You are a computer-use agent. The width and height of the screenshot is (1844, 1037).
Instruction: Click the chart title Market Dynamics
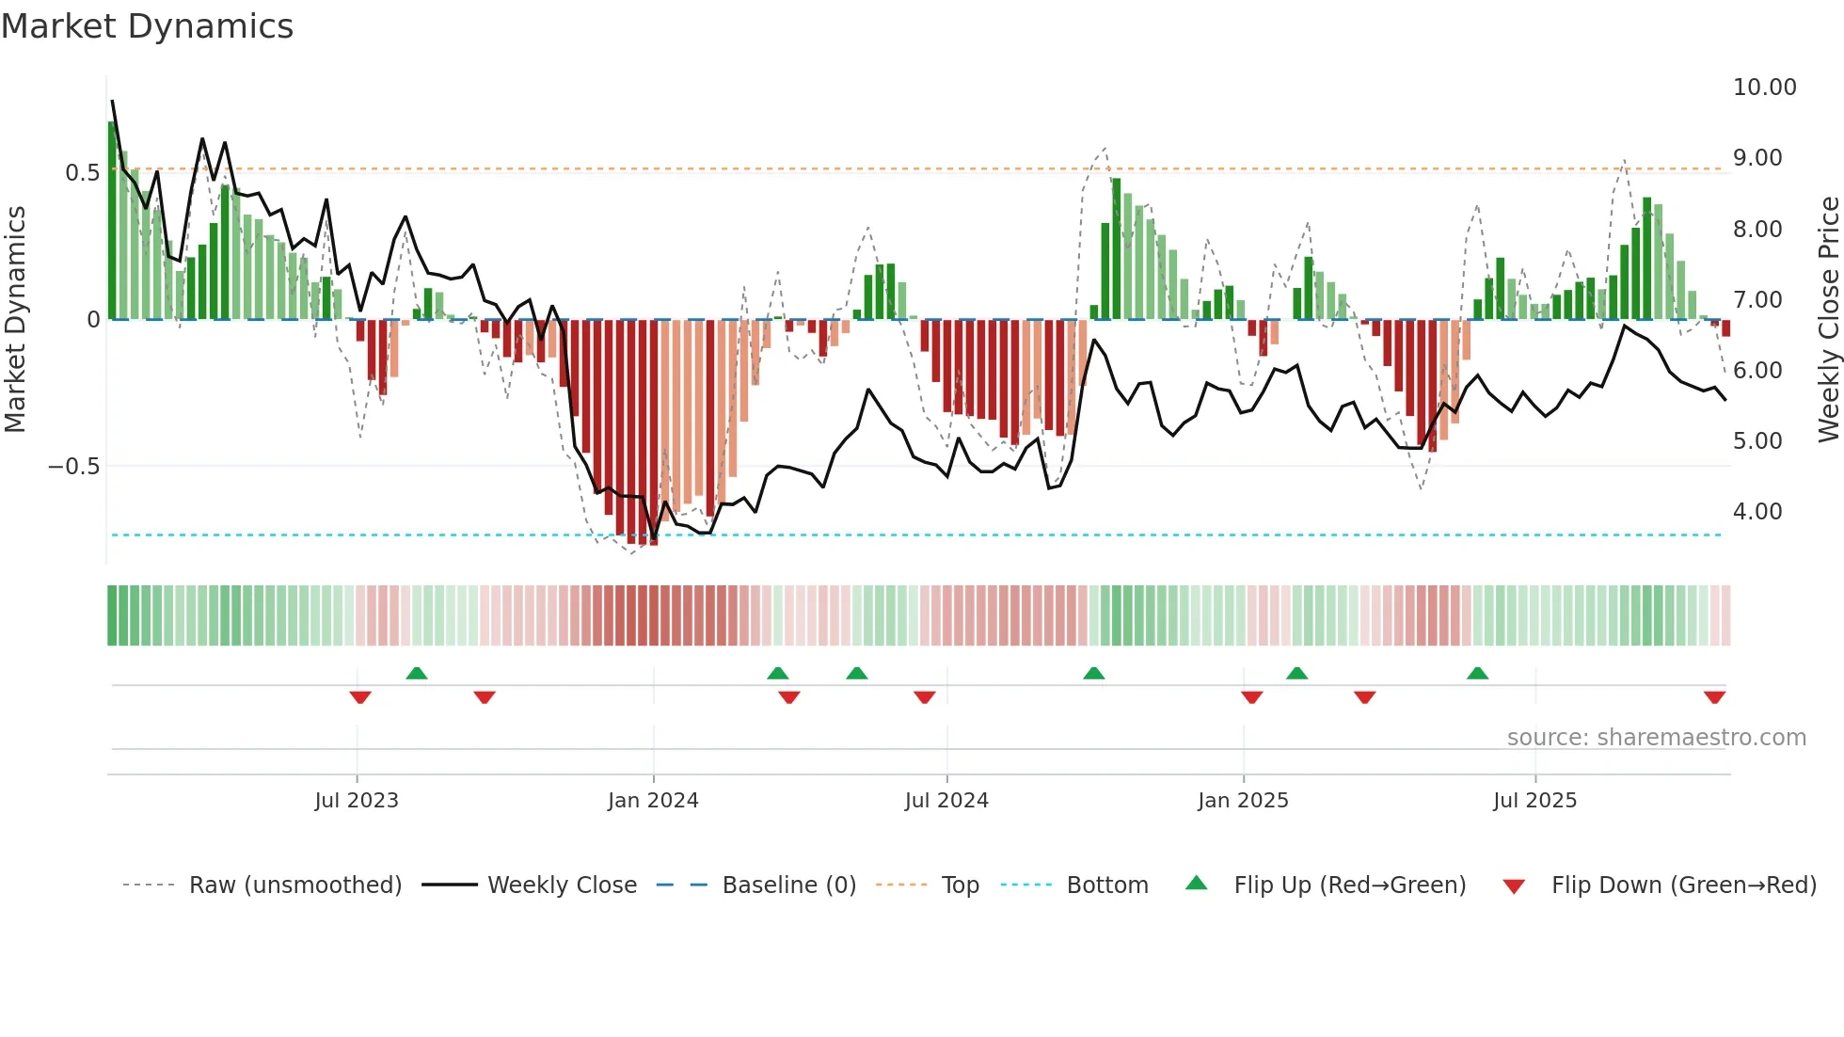(x=147, y=26)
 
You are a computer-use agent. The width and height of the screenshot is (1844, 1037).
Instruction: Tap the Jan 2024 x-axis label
(x=653, y=801)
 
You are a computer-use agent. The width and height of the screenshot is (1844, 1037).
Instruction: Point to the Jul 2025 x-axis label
(x=1534, y=801)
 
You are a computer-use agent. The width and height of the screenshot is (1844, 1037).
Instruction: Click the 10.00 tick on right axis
(x=1764, y=88)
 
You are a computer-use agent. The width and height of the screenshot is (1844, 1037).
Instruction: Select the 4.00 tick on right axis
(x=1757, y=512)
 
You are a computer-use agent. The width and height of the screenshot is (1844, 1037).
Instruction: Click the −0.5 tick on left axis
(x=73, y=467)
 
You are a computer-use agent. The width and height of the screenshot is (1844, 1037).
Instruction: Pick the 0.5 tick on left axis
(x=82, y=173)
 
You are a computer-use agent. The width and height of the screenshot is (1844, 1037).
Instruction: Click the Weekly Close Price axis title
(x=1828, y=320)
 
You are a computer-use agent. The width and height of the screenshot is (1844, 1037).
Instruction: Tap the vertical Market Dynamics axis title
(x=16, y=320)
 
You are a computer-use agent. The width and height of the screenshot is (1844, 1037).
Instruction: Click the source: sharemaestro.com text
(x=1656, y=738)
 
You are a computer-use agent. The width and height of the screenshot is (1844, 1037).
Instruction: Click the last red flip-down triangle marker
(x=1714, y=697)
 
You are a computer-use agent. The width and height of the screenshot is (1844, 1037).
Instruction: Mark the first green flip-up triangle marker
(x=417, y=673)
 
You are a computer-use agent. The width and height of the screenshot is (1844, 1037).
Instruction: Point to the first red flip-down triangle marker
(x=360, y=697)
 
